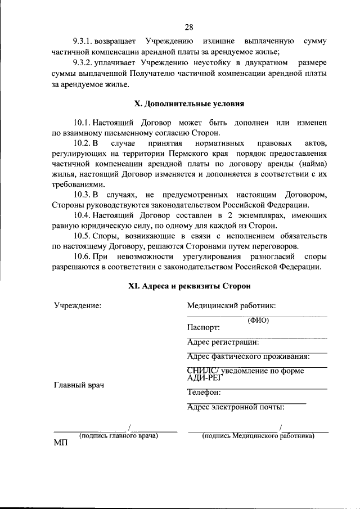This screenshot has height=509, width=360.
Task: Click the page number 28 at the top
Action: pos(188,26)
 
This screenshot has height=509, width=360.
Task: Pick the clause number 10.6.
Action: pos(82,256)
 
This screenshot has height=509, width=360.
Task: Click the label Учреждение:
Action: pos(78,305)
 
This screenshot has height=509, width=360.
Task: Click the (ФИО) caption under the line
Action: pos(258,321)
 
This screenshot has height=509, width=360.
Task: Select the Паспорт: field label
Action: pos(203,327)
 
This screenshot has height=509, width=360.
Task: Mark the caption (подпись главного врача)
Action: pos(118,435)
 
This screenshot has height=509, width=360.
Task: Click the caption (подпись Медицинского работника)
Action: pos(258,435)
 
